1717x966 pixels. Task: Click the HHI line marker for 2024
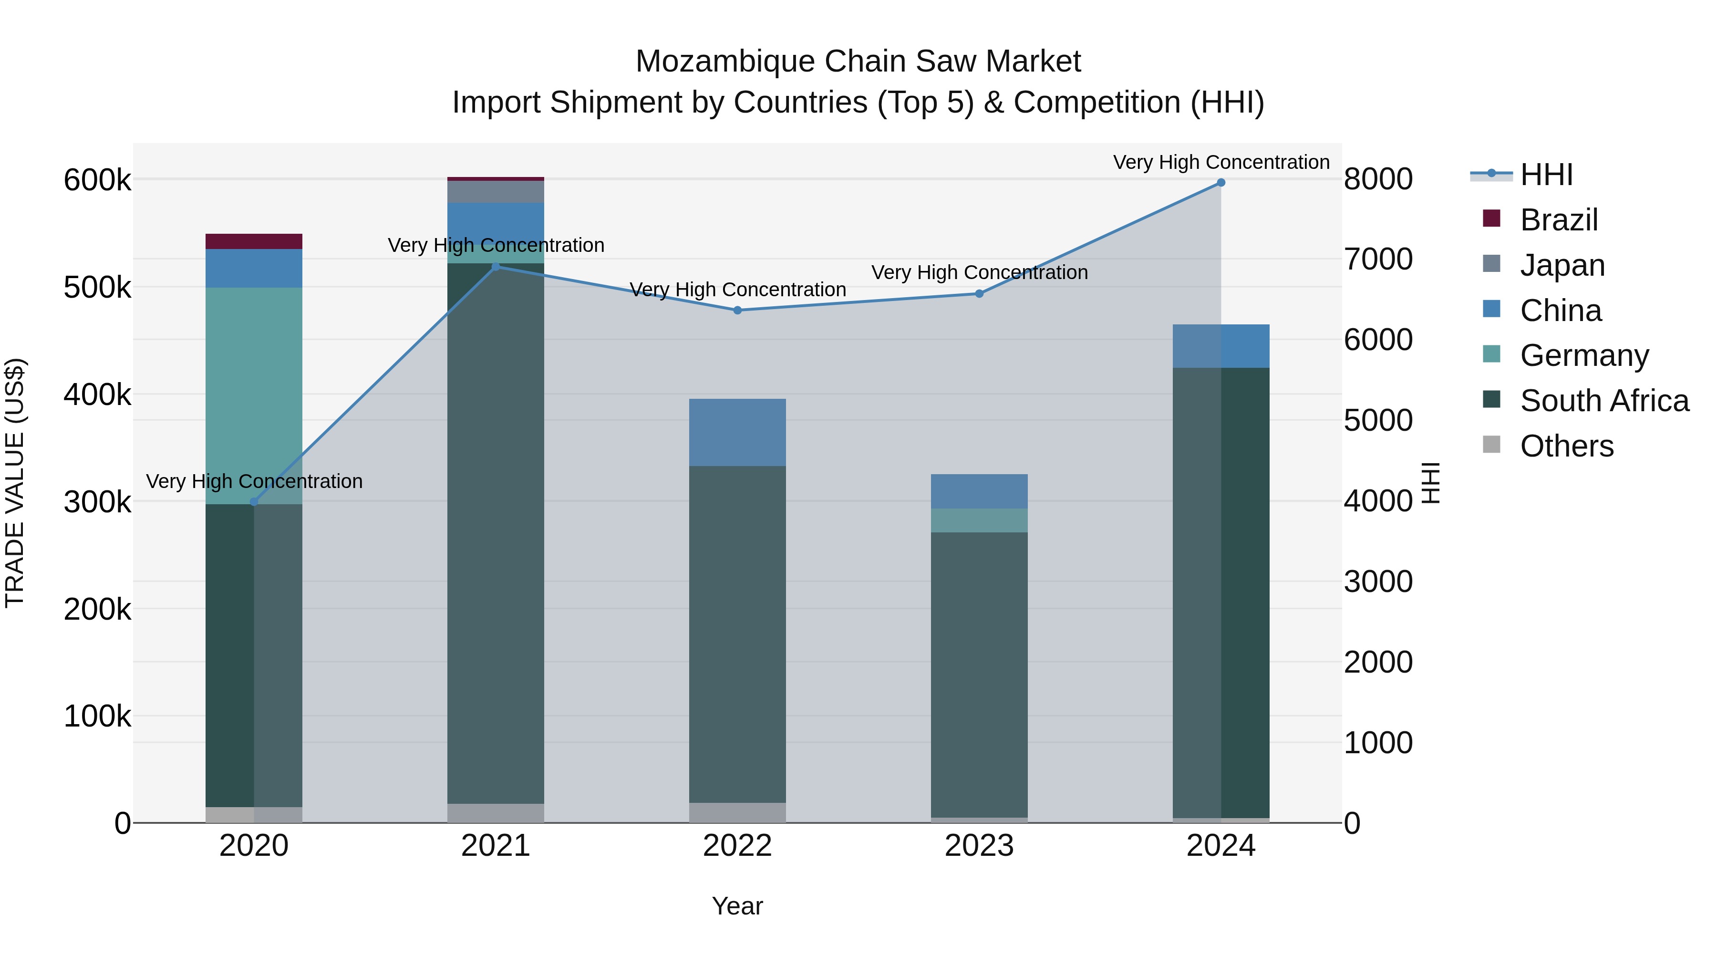pyautogui.click(x=1221, y=183)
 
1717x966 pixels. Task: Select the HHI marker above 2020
pyautogui.click(x=253, y=501)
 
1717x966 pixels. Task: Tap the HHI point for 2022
pyautogui.click(x=737, y=310)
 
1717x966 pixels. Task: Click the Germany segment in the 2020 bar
pyautogui.click(x=253, y=395)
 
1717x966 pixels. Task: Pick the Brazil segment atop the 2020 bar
pyautogui.click(x=253, y=241)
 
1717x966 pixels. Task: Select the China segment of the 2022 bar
pyautogui.click(x=737, y=432)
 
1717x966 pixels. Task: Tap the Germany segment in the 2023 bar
pyautogui.click(x=979, y=520)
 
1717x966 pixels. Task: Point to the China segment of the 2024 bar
pyautogui.click(x=1221, y=346)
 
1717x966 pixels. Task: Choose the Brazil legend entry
pyautogui.click(x=1558, y=220)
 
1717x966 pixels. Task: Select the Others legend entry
pyautogui.click(x=1566, y=446)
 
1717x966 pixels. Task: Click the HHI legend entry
pyautogui.click(x=1546, y=175)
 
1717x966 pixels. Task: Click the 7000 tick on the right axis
pyautogui.click(x=1377, y=260)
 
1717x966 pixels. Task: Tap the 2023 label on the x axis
pyautogui.click(x=979, y=846)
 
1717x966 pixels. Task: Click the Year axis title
pyautogui.click(x=737, y=906)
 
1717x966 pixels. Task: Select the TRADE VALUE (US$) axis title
pyautogui.click(x=15, y=483)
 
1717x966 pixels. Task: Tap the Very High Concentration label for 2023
pyautogui.click(x=979, y=273)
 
